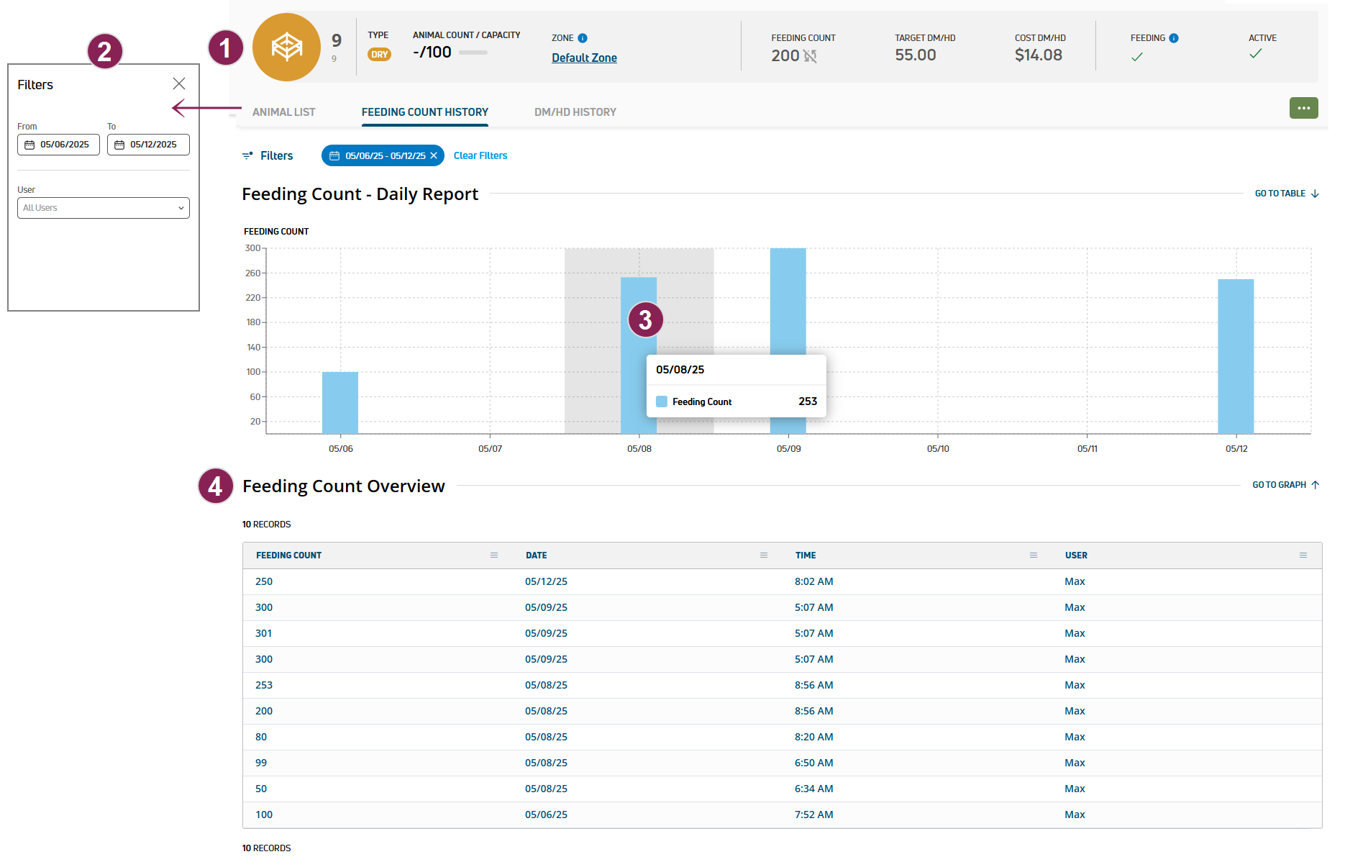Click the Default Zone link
coord(584,58)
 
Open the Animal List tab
coord(283,112)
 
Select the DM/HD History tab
coord(575,112)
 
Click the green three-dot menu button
coord(1303,108)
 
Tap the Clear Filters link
coord(480,155)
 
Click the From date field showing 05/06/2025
coord(58,145)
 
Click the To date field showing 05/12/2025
coord(148,145)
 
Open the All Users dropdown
coord(103,208)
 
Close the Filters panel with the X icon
coord(179,84)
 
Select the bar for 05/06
coord(340,402)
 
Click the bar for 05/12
coord(1236,356)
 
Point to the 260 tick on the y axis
coord(253,273)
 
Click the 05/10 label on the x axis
coord(938,449)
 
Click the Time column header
coord(806,555)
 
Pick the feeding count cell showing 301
coord(264,633)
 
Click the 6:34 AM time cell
coord(813,789)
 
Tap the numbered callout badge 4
coord(215,486)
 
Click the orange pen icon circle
coord(286,47)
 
